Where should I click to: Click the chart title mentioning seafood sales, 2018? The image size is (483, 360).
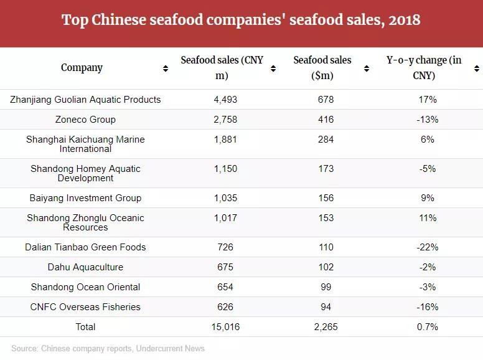point(241,21)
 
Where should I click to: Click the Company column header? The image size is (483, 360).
point(82,68)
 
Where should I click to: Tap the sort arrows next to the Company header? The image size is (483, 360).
point(166,69)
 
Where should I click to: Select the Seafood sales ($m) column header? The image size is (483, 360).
point(322,68)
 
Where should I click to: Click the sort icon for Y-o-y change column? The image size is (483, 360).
point(476,69)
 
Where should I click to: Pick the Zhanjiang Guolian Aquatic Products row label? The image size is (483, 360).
point(85,100)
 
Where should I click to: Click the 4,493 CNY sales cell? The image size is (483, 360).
point(225,100)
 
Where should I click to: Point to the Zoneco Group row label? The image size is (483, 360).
point(85,120)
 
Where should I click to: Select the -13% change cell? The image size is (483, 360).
point(427,120)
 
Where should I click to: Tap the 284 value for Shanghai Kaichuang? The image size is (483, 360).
point(326,140)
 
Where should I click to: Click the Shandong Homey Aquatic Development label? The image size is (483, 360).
point(85,173)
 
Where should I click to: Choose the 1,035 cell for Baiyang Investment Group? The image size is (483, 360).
point(225,198)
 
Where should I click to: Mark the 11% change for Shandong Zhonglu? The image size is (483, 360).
point(428,218)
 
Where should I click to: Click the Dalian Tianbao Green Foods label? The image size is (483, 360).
point(85,247)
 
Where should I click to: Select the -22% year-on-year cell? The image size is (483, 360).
point(427,247)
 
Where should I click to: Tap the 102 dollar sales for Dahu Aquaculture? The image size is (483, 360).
point(326,267)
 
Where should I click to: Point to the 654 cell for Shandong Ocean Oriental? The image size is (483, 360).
point(225,287)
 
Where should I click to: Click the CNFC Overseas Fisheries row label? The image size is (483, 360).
point(85,307)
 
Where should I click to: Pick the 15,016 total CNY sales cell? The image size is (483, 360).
point(225,327)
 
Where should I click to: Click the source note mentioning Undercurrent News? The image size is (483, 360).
point(108,349)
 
